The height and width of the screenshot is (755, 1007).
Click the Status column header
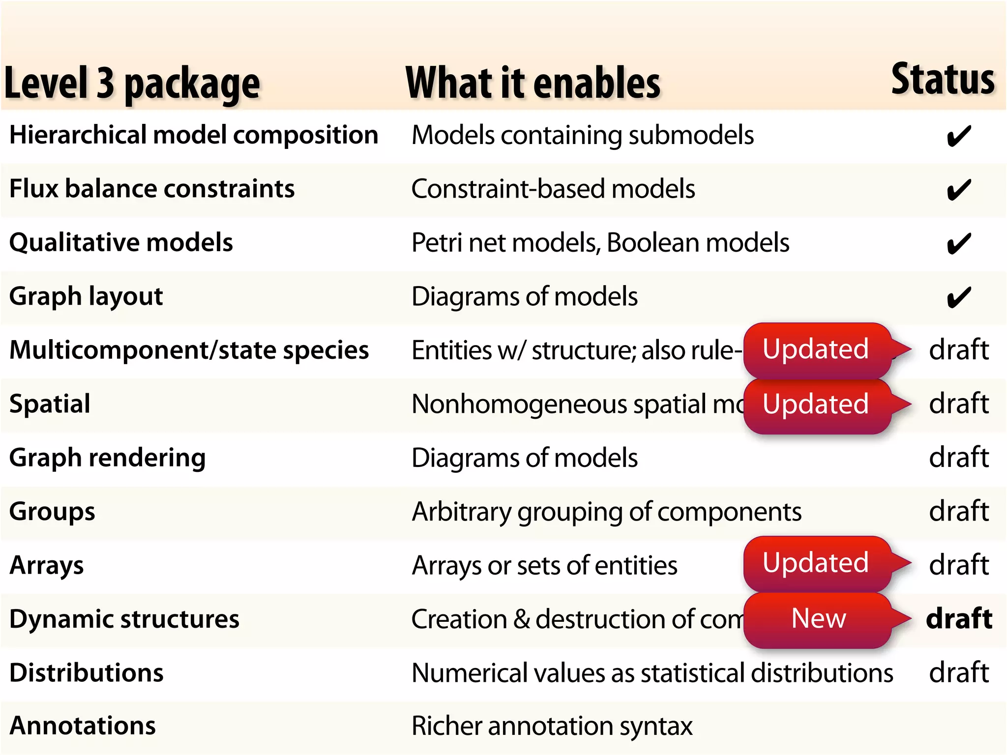(x=943, y=80)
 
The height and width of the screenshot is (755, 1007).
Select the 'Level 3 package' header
(x=132, y=84)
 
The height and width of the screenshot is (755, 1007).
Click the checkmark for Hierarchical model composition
(x=959, y=136)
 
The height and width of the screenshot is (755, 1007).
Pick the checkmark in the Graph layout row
(x=959, y=297)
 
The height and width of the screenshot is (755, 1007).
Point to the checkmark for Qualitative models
(x=959, y=243)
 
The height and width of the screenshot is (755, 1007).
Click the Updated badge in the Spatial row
(x=816, y=404)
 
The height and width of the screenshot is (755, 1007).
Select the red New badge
(x=818, y=618)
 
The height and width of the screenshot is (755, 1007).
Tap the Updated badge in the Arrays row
(x=816, y=563)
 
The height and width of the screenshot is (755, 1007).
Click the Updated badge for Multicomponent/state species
(x=816, y=349)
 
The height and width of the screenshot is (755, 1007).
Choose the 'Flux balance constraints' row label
(x=152, y=189)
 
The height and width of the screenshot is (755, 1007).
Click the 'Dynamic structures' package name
(x=124, y=619)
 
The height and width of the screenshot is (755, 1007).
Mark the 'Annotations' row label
(x=83, y=726)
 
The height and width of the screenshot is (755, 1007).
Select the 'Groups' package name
(x=52, y=512)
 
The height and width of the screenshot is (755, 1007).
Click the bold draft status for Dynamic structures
(x=959, y=618)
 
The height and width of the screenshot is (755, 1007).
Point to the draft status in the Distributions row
(x=959, y=672)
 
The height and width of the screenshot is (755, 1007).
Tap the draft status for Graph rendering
(x=959, y=458)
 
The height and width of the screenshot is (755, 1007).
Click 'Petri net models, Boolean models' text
(x=600, y=243)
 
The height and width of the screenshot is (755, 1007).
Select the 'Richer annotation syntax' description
(x=552, y=726)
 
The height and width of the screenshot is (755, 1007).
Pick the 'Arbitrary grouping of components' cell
(x=607, y=512)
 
